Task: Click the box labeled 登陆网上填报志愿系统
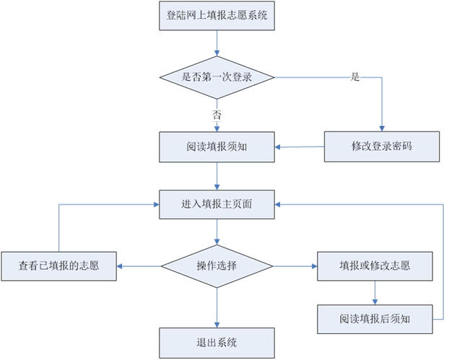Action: (x=217, y=16)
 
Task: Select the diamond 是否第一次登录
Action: (x=217, y=76)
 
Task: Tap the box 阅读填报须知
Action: (x=217, y=147)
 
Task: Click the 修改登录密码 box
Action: (x=381, y=146)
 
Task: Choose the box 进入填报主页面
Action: (x=217, y=204)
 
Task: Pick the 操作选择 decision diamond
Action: (x=217, y=266)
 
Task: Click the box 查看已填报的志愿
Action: (x=58, y=266)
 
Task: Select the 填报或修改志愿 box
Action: (x=375, y=266)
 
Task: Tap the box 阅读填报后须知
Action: (x=375, y=318)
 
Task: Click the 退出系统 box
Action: (x=217, y=342)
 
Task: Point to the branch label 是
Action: (x=354, y=76)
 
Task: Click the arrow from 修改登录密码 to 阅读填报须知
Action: (x=299, y=147)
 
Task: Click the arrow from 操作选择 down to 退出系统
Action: (x=217, y=307)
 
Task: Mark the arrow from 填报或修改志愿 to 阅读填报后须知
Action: (x=375, y=292)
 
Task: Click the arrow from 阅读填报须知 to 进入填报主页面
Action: (x=217, y=176)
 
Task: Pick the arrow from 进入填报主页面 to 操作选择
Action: (x=217, y=232)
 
